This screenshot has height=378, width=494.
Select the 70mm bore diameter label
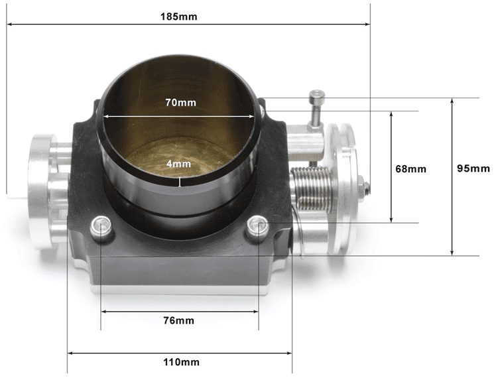point(179,103)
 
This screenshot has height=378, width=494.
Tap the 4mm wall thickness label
point(179,163)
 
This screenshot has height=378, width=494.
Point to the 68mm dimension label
point(410,168)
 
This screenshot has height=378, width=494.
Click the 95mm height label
point(473,168)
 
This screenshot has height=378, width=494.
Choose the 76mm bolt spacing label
point(179,320)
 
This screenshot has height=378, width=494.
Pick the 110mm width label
point(179,362)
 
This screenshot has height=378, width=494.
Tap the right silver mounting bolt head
point(257,227)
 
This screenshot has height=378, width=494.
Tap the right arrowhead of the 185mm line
point(366,25)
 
